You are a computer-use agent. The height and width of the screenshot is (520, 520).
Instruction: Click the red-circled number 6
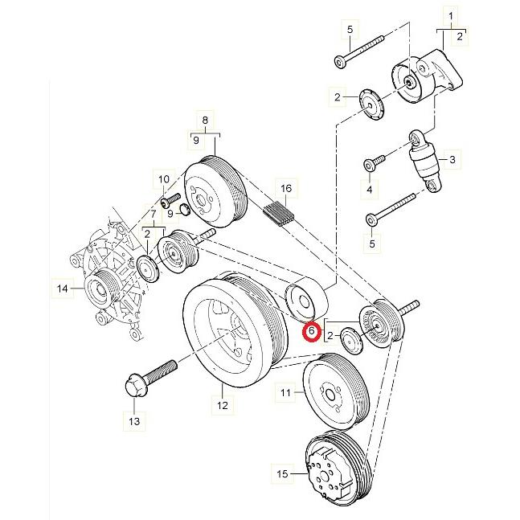(311, 330)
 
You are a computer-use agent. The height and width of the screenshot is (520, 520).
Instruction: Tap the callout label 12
(221, 407)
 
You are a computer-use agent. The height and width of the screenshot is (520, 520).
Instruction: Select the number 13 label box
(133, 420)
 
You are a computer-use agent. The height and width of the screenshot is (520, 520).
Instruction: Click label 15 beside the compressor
(282, 475)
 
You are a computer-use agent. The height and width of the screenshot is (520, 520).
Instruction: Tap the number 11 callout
(285, 393)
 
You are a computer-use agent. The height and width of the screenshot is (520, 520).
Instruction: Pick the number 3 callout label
(452, 161)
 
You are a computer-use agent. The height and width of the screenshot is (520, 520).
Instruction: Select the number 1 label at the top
(451, 16)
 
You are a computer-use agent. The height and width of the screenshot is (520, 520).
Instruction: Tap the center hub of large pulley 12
(229, 330)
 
